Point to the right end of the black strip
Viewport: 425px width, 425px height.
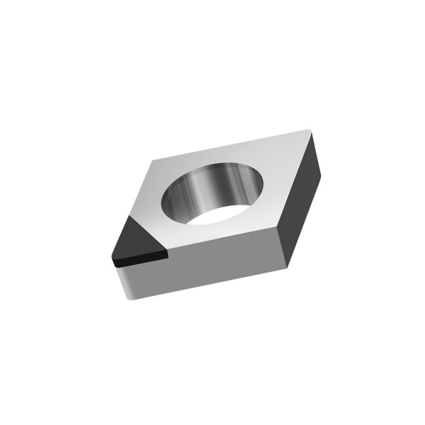coord(168,254)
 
